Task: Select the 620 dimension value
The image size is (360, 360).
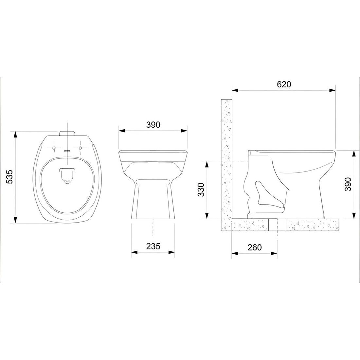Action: (x=284, y=84)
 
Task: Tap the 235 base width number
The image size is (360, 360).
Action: (x=153, y=246)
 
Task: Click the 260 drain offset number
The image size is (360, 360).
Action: (x=255, y=247)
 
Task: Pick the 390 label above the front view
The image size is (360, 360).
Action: (x=153, y=125)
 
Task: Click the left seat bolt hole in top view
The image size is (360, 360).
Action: (x=54, y=148)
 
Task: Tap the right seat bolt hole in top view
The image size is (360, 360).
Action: (x=80, y=148)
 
